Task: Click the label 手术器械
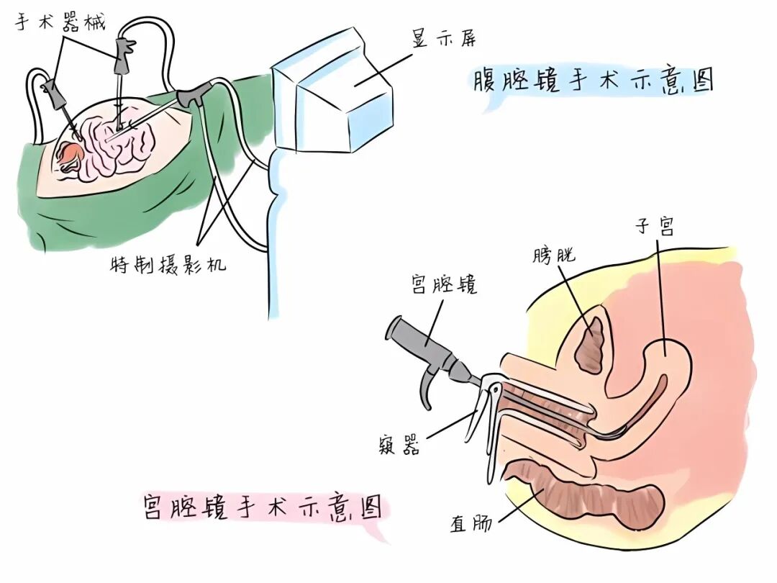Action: click(60, 22)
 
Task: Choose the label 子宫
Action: click(655, 227)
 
